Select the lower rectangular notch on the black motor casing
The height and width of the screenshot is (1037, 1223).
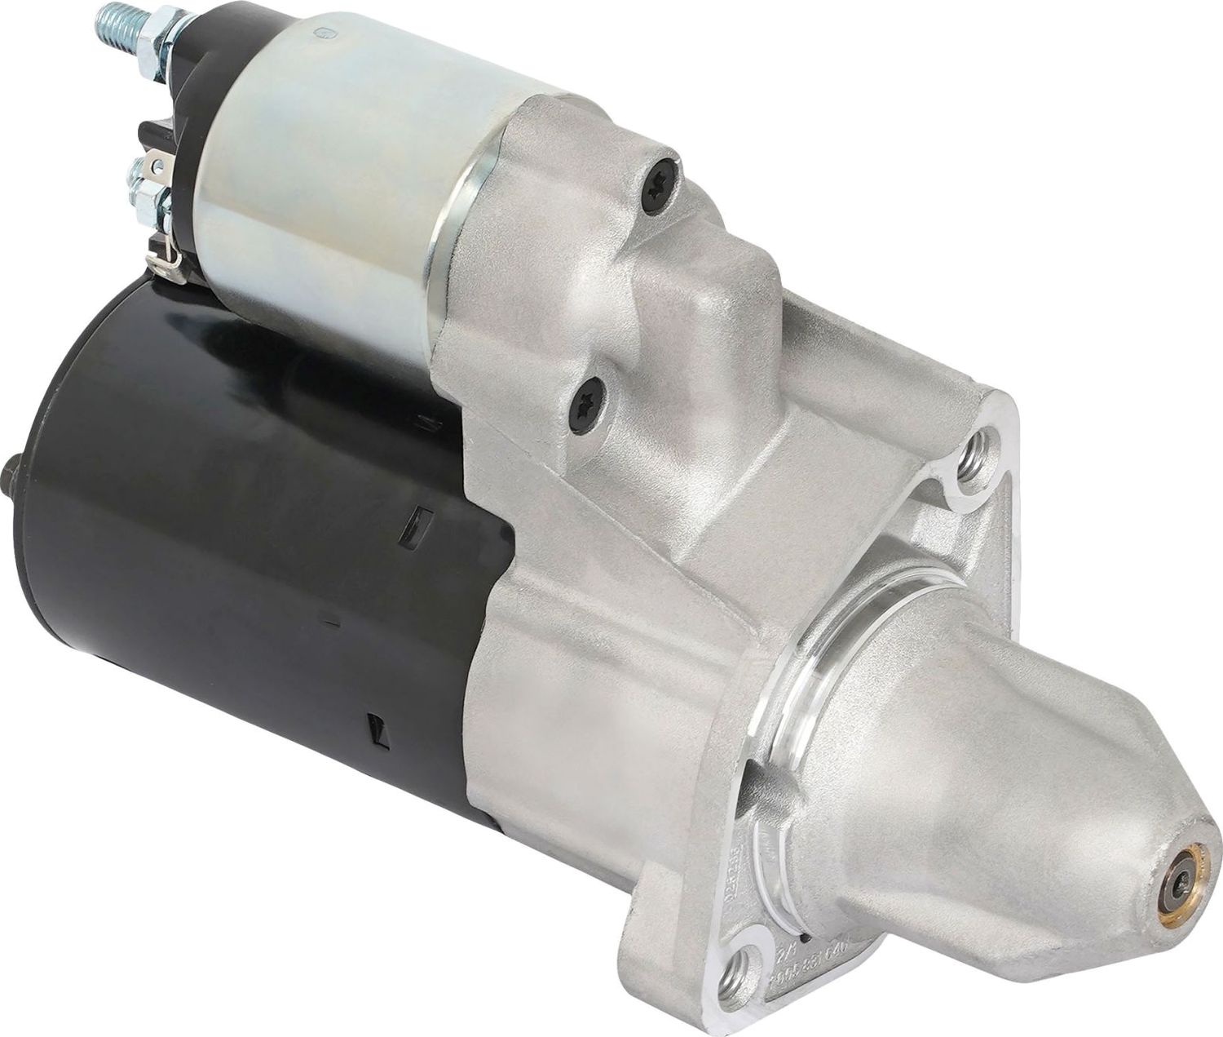(x=374, y=725)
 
